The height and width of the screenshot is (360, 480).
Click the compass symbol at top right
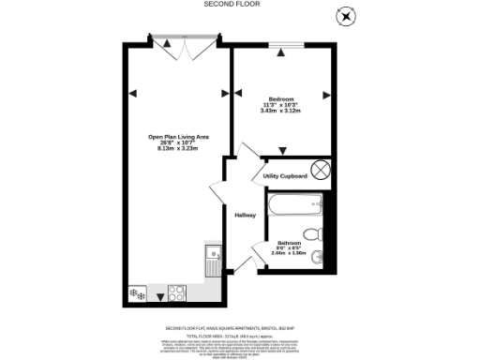(348, 15)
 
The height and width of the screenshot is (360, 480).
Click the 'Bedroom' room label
(281, 99)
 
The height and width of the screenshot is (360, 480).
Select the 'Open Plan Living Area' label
(178, 137)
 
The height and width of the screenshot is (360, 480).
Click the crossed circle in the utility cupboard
(320, 169)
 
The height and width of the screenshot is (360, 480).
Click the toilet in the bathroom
(313, 234)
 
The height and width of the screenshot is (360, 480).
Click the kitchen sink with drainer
(214, 259)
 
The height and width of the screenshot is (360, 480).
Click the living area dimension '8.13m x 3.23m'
(178, 148)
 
